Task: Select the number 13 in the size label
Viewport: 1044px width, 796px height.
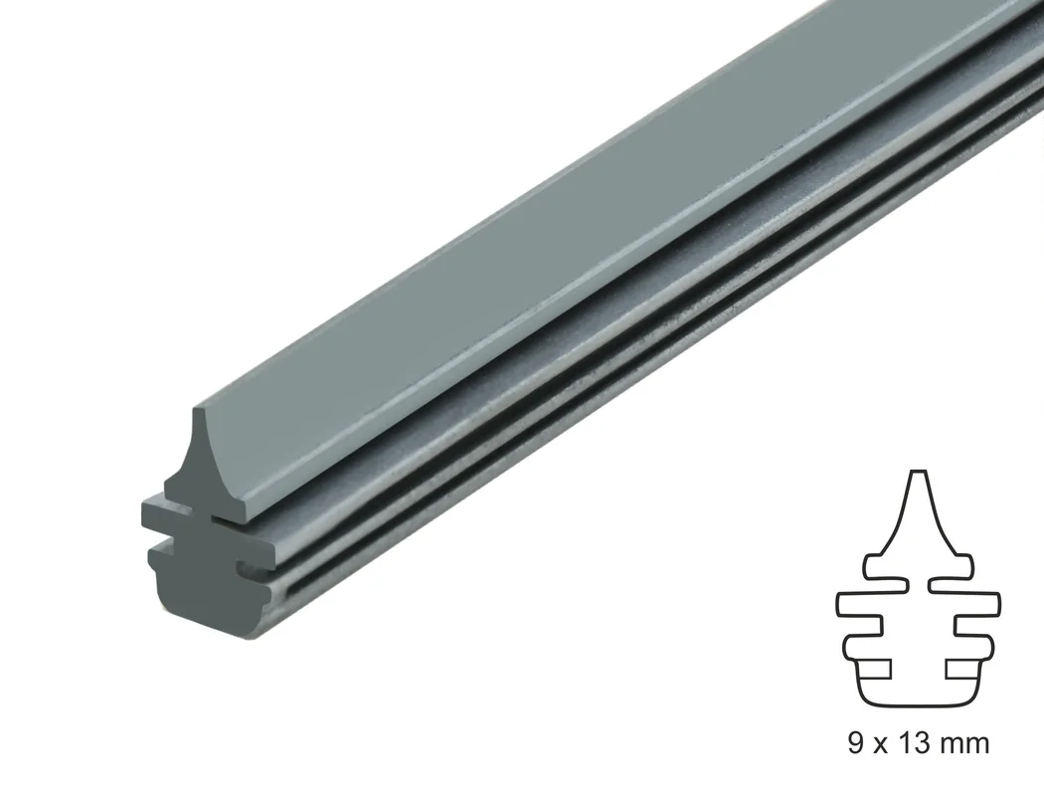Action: [x=912, y=742]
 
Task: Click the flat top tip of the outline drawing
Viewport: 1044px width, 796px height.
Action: [x=918, y=472]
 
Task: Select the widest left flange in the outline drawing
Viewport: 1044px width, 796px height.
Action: [x=859, y=604]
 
